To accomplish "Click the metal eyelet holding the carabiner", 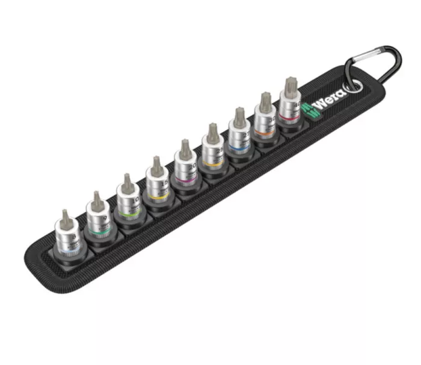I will [x=354, y=85].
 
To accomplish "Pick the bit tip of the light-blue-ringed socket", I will [x=64, y=215].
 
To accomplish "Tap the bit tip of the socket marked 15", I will [x=156, y=163].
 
